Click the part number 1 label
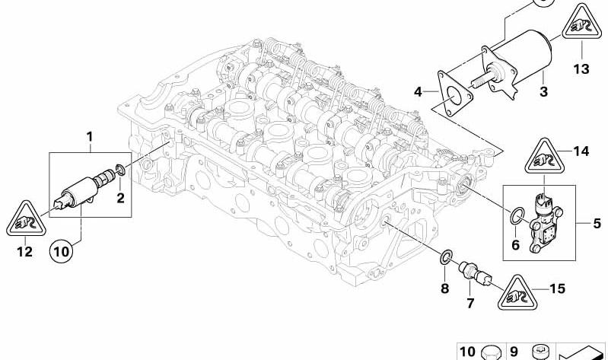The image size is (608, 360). [x=90, y=137]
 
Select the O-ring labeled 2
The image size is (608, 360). [x=120, y=169]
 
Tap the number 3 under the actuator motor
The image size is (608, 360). [x=543, y=92]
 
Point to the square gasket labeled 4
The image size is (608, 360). [x=454, y=94]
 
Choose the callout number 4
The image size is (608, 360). [x=418, y=92]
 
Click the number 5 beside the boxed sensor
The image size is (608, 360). [x=597, y=224]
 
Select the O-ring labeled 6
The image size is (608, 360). [x=517, y=216]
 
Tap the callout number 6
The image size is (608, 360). [x=515, y=245]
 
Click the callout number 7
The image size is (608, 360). [x=470, y=303]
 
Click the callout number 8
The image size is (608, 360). [x=444, y=288]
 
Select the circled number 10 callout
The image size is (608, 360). [x=62, y=251]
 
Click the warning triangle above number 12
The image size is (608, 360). [x=26, y=219]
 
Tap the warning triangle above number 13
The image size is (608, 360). [x=582, y=23]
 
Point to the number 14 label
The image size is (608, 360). [x=581, y=151]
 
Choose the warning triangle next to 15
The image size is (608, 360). [x=517, y=293]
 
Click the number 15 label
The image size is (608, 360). [x=557, y=288]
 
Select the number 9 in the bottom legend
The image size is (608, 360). [x=514, y=352]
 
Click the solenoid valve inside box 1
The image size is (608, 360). [x=84, y=188]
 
